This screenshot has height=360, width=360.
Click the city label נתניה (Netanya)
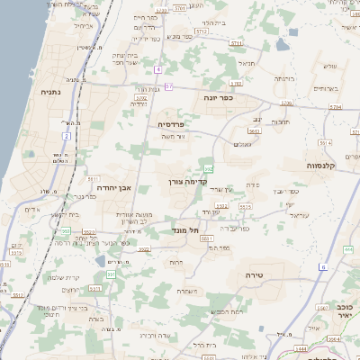pyautogui.click(x=50, y=91)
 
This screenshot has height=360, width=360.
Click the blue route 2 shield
pyautogui.click(x=66, y=136)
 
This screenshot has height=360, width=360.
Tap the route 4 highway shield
pyautogui.click(x=158, y=69)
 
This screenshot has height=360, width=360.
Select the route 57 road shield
pyautogui.click(x=168, y=86)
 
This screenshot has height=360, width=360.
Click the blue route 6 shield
pyautogui.click(x=322, y=266)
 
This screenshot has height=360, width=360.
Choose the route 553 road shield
pyautogui.click(x=209, y=168)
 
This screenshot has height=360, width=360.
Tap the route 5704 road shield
pyautogui.click(x=336, y=106)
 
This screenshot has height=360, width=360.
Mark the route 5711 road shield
pyautogui.click(x=236, y=42)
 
